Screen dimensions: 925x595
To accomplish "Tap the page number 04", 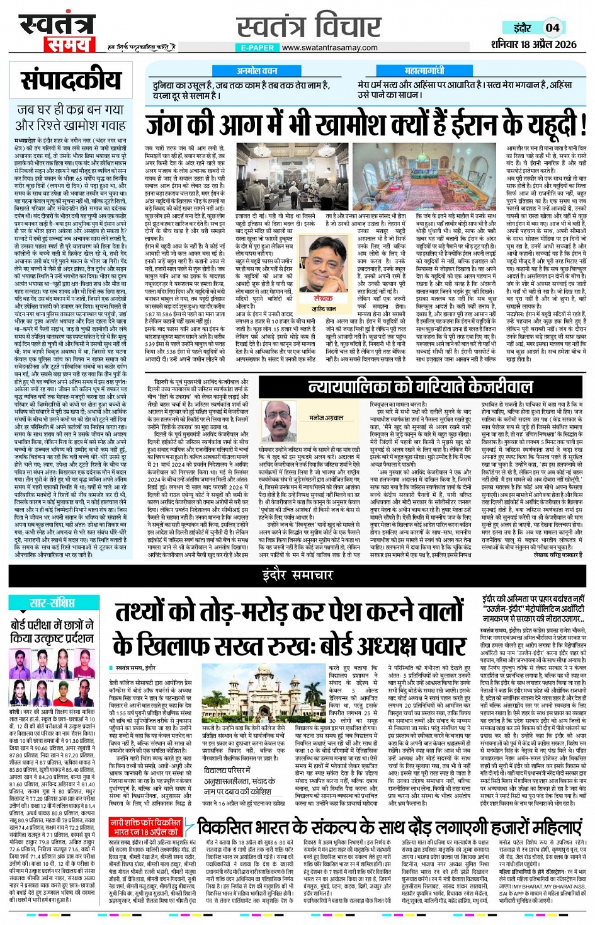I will point(552,28).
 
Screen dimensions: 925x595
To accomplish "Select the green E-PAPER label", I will point(258,47).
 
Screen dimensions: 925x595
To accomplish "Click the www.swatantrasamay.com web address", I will point(329,47).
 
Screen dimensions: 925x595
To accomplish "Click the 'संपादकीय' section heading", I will point(71,80).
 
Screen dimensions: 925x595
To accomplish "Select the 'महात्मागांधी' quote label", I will point(424,71).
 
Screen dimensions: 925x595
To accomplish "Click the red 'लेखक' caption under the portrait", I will point(323,298).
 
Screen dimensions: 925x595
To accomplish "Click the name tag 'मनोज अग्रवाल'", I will point(326,418).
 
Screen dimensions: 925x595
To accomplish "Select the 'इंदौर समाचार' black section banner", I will point(297,575).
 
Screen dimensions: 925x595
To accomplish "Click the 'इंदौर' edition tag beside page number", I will point(522,28).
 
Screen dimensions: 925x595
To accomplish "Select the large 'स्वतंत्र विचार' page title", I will point(309,26).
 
